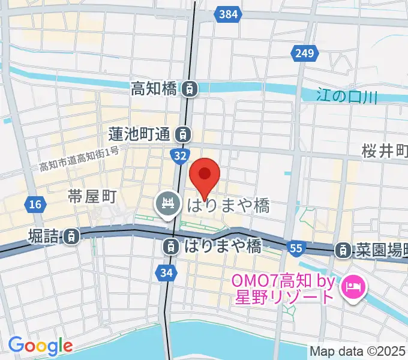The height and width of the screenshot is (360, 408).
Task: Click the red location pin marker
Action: pos(205,176)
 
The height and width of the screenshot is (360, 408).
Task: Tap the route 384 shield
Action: pos(228,13)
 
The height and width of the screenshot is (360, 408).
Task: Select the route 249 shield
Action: pos(304,55)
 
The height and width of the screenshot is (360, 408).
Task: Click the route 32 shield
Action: pos(179,156)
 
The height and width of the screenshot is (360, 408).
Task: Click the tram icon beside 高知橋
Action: pos(189,89)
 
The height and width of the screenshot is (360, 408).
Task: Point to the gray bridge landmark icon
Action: pos(167,205)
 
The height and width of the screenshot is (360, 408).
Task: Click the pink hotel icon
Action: pos(352,289)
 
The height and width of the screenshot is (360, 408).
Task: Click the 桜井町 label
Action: pos(385,151)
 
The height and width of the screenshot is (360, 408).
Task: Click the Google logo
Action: pos(40,346)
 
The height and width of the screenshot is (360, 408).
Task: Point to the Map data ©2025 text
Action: pos(358,350)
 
